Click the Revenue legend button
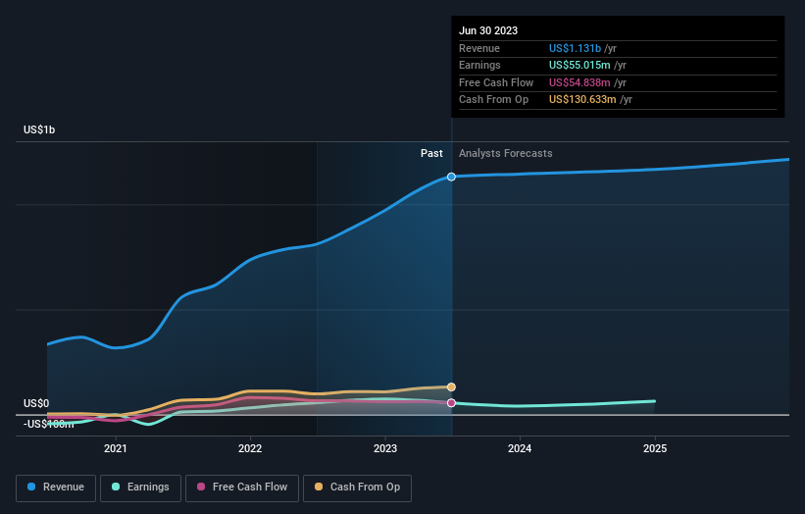[x=57, y=487]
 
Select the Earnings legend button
[x=140, y=487]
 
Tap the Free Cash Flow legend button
[x=241, y=487]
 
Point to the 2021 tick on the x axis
[x=116, y=448]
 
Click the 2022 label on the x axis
[x=250, y=448]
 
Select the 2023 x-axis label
[x=385, y=448]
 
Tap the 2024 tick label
[x=520, y=448]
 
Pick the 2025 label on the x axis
[x=655, y=448]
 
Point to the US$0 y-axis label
[x=36, y=403]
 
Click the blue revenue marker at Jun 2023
[x=451, y=177]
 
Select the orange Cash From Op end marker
[x=451, y=386]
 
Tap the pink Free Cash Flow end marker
[x=451, y=402]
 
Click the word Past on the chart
[x=431, y=153]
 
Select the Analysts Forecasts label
[x=505, y=153]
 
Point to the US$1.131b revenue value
[x=576, y=48]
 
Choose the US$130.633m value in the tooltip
[x=583, y=99]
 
